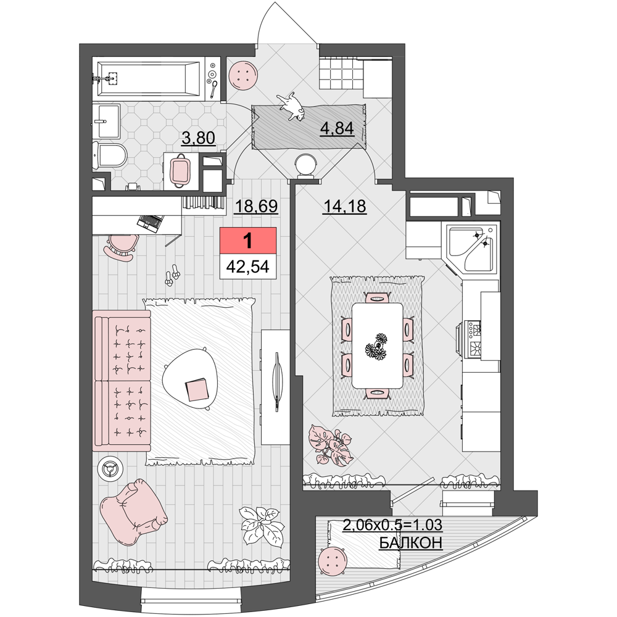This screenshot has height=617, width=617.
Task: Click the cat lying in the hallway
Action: coord(292,106)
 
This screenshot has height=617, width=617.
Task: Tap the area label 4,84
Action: coord(337,128)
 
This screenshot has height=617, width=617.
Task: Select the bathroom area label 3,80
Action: coord(198,138)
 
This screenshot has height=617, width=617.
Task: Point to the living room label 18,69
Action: coord(256,206)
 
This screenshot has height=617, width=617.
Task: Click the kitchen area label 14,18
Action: coord(345,206)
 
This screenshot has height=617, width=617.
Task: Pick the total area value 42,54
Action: coord(248,267)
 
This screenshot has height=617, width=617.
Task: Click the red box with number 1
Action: coord(248,240)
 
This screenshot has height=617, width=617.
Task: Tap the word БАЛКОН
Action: coord(411,543)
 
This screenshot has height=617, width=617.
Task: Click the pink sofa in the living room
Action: coord(122,381)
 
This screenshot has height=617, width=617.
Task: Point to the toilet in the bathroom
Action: coord(110,155)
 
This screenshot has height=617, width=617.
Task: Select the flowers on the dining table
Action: coord(376,346)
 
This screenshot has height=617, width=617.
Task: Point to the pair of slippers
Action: coord(172,275)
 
